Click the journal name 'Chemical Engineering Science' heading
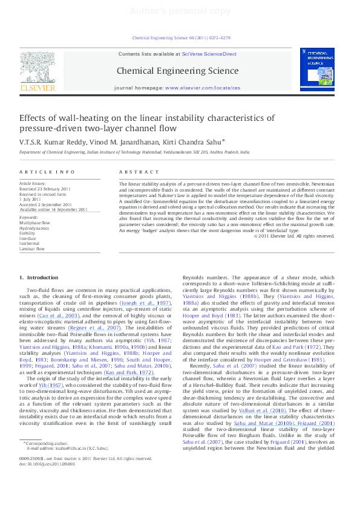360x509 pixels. [x=177, y=71]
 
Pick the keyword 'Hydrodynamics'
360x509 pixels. [x=34, y=228]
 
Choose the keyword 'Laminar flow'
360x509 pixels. [x=32, y=248]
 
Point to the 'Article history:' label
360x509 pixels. [x=33, y=183]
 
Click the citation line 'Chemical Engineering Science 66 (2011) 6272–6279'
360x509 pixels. [x=181, y=37]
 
